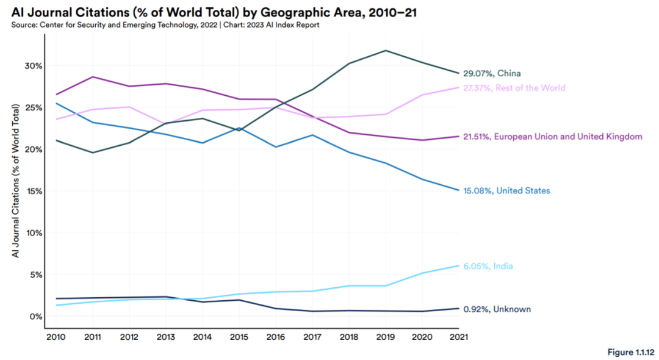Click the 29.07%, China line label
coord(492,74)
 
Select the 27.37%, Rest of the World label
coord(514,88)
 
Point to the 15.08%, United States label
coord(506,191)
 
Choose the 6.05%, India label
coord(488,266)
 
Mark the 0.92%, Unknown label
coord(497,309)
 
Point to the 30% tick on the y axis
coord(32,66)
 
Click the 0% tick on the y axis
coord(35,317)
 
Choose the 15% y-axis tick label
coord(32,191)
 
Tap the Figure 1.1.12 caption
coord(630,353)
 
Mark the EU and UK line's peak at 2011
coord(92,77)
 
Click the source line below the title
coord(165,24)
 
